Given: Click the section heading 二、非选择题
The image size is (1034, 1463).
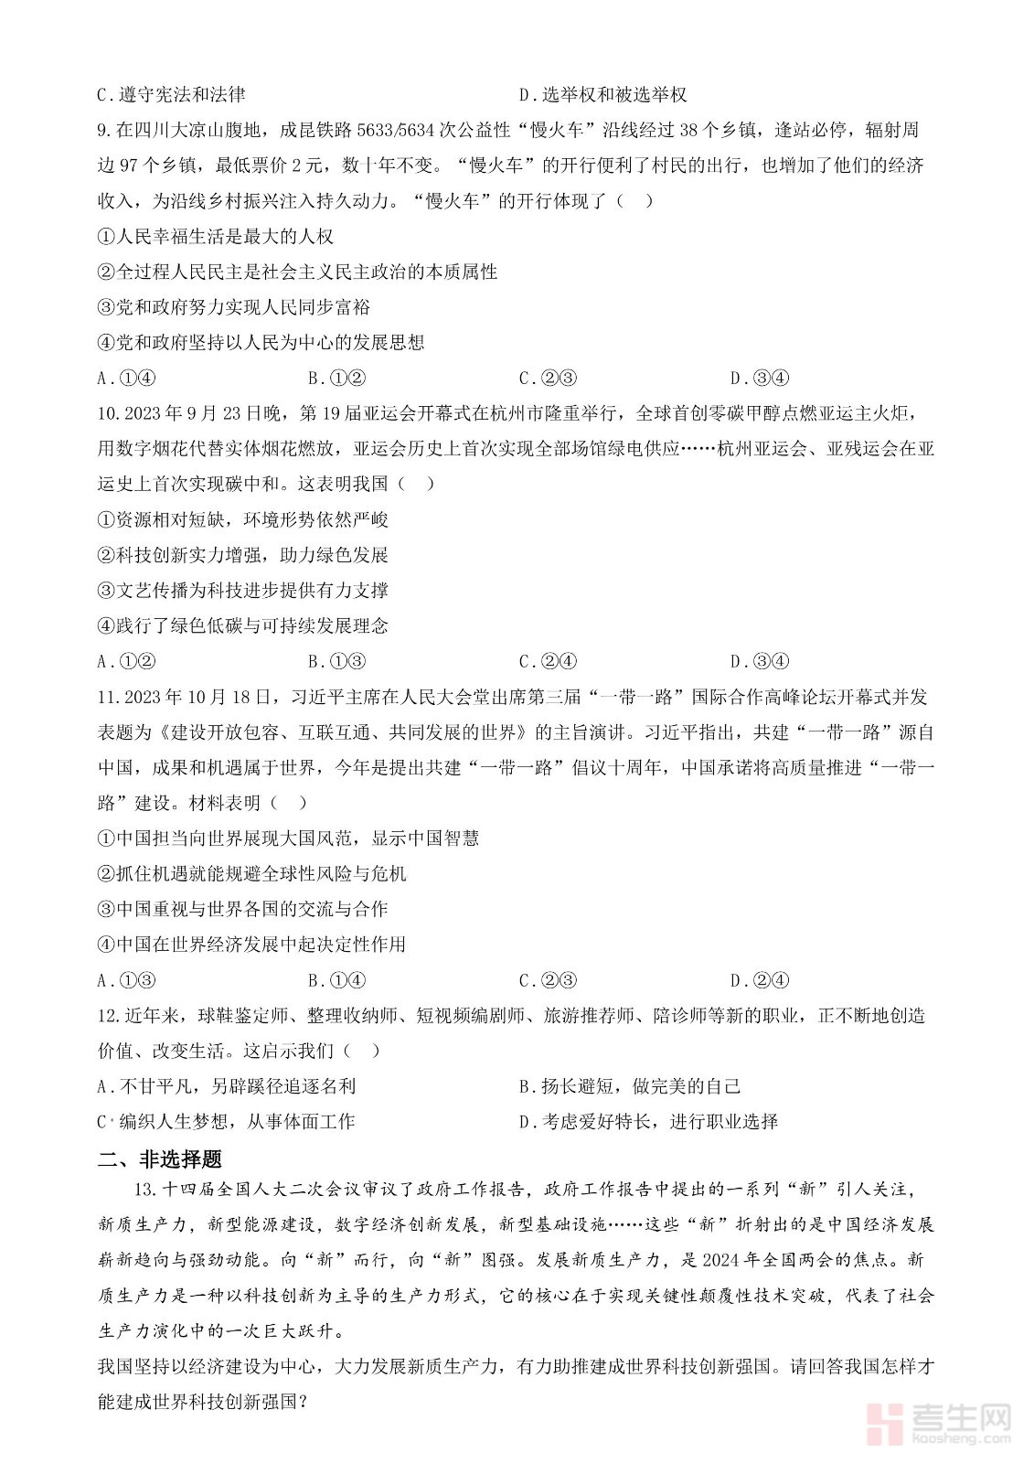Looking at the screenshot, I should tap(159, 1159).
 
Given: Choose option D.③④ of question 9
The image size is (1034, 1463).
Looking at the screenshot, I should tap(759, 379).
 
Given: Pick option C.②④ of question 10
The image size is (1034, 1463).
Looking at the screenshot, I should tap(548, 662).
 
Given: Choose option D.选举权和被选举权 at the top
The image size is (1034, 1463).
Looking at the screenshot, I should tap(602, 94).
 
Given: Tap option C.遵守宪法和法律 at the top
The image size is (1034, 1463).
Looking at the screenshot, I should tap(171, 94).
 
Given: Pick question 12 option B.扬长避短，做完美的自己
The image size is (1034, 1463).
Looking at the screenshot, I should tap(630, 1086).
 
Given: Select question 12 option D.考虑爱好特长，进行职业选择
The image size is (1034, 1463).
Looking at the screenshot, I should tap(648, 1122).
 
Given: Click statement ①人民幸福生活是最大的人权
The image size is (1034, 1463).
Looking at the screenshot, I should tap(215, 237).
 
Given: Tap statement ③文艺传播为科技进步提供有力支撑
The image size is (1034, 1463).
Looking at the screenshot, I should tap(242, 591).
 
